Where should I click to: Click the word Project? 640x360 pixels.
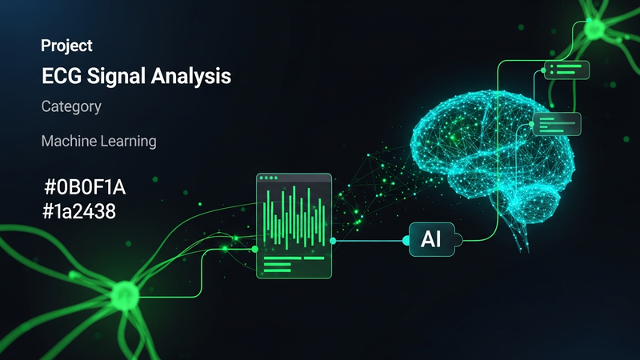[66, 46]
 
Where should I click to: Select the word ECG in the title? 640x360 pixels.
[62, 77]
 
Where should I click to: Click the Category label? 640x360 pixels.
[71, 106]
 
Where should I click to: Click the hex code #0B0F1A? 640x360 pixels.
[86, 189]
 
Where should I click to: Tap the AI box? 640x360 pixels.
[431, 238]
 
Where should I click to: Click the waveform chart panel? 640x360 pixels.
[294, 226]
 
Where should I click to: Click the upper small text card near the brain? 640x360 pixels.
[566, 70]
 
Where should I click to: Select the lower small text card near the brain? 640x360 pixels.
[556, 122]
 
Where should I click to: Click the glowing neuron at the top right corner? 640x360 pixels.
[596, 28]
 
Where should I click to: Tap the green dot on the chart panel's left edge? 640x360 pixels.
[256, 249]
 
